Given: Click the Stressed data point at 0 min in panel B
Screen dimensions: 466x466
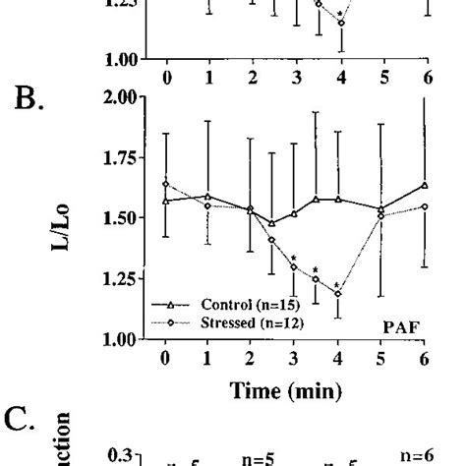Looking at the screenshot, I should point(166,184).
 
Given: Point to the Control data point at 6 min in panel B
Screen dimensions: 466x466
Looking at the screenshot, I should point(425,185).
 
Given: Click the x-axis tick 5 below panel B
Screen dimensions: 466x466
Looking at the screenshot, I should point(382,360).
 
